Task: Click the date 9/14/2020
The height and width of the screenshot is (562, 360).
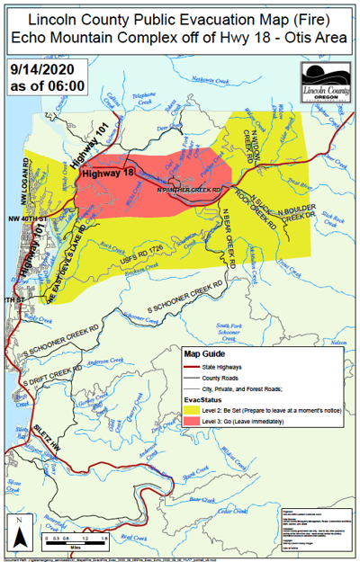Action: pos(40,69)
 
